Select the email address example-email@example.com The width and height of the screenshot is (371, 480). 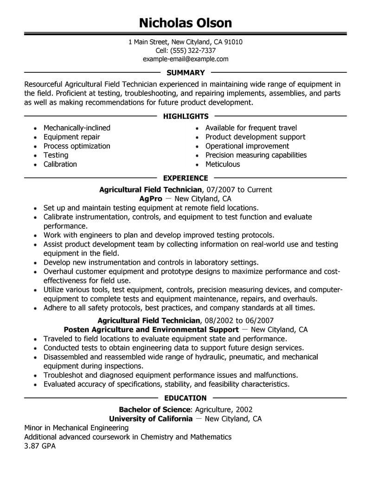(x=185, y=59)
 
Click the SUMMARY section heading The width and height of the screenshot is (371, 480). (x=185, y=73)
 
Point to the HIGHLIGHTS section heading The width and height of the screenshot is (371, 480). (x=185, y=116)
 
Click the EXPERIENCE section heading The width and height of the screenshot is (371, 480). (x=185, y=178)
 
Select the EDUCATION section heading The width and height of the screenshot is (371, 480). (x=185, y=398)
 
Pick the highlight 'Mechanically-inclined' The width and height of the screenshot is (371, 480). (x=77, y=128)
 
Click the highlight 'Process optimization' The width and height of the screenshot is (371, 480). (x=77, y=146)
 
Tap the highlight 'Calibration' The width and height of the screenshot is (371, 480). (x=60, y=164)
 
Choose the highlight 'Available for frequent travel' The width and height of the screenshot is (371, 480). (x=251, y=128)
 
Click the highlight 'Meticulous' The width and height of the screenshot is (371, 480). (x=223, y=164)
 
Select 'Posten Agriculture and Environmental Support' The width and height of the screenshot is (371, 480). (x=151, y=330)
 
